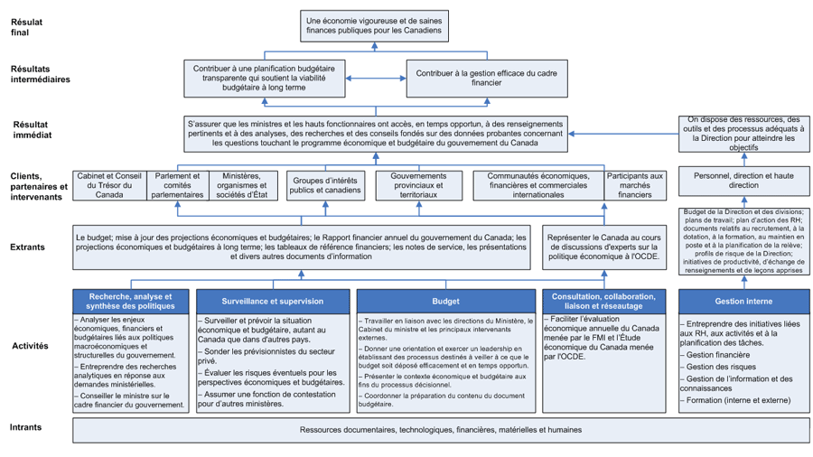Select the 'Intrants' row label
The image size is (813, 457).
click(25, 428)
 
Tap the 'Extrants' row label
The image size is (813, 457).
click(28, 246)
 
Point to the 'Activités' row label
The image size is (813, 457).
click(30, 346)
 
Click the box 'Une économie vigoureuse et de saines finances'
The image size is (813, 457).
click(375, 25)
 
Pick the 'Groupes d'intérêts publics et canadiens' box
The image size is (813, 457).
click(323, 185)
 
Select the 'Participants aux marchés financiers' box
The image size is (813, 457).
click(634, 185)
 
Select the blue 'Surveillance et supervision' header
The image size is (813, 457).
click(273, 300)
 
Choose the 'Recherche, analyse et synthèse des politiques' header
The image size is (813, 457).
click(132, 300)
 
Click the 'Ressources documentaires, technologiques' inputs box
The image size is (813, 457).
click(441, 430)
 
